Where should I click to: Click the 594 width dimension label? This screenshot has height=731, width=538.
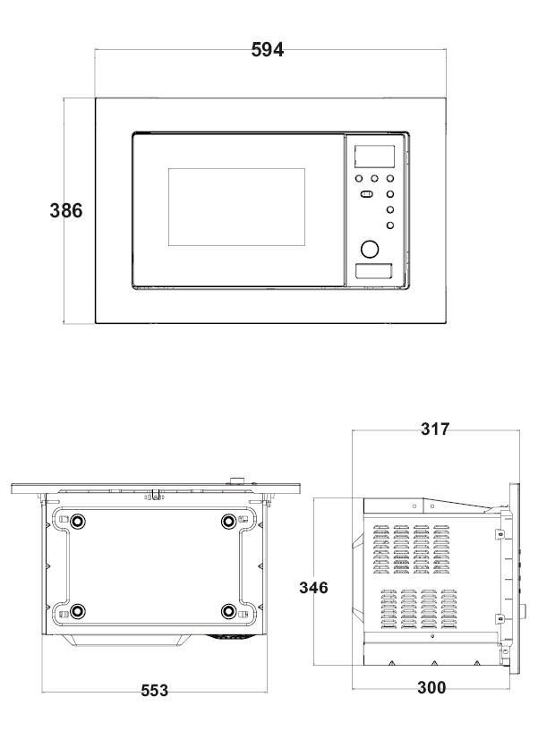[268, 49]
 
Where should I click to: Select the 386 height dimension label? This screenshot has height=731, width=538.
[66, 210]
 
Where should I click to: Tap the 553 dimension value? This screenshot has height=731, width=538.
[155, 691]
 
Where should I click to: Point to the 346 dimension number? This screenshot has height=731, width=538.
[313, 588]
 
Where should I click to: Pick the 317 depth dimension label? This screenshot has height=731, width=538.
[435, 429]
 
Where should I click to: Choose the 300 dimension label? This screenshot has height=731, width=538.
[431, 688]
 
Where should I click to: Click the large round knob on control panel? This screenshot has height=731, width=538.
[370, 250]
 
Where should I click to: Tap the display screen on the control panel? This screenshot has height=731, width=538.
[374, 157]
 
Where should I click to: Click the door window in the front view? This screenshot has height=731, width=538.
[236, 207]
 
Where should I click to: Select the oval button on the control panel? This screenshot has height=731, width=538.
[367, 194]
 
